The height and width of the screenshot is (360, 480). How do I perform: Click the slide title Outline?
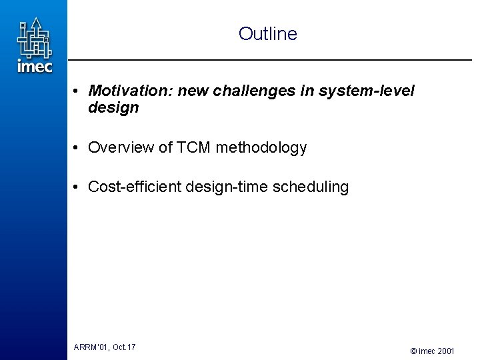tap(267, 33)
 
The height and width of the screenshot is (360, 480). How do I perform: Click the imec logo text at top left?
tap(34, 66)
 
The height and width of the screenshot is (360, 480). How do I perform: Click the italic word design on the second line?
tap(113, 108)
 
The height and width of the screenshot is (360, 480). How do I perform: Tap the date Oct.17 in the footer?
tap(124, 347)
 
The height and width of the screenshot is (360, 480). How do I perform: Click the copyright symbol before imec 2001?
tap(414, 350)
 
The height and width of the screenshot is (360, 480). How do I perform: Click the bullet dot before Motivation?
tap(78, 91)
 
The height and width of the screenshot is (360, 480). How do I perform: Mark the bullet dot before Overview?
tap(78, 148)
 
